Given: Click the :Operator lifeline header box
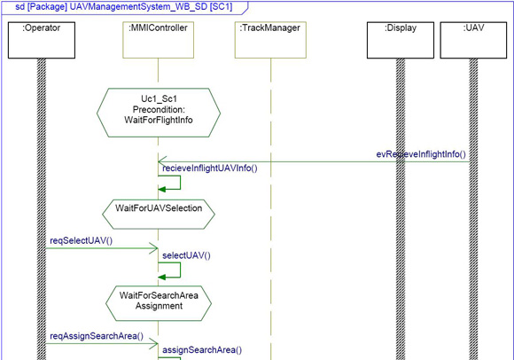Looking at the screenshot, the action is (42, 40).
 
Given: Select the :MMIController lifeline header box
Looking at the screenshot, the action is (159, 40).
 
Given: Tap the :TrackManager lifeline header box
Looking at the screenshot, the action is (270, 40).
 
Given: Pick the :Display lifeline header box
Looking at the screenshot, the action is (401, 40).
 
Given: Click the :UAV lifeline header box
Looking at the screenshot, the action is (473, 40).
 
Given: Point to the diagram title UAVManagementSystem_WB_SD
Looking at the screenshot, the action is (139, 6).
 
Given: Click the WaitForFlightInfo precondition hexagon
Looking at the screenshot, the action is (159, 113).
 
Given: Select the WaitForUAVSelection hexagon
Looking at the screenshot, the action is (159, 214).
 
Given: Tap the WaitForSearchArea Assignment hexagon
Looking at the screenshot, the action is (159, 303).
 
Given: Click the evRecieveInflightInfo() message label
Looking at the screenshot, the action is (421, 154).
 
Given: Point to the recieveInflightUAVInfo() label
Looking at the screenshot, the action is (210, 168).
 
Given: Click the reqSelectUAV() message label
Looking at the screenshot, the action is (81, 240).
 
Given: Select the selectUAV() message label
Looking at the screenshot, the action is (186, 255).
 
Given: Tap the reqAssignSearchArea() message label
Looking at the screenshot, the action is (97, 336).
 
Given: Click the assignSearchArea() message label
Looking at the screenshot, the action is (202, 350).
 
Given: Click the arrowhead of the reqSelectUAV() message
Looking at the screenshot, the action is (154, 248).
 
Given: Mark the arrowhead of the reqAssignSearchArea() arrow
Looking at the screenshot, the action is (154, 344).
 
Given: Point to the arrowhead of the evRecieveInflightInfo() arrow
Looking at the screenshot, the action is (162, 161).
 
